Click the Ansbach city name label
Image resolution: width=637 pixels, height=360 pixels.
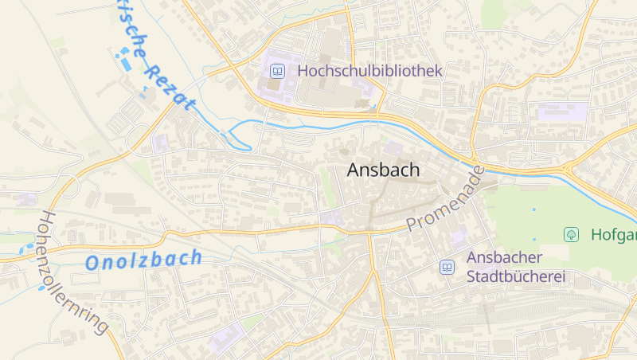pos(383,170)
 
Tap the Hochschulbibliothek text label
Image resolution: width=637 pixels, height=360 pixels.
pos(369,71)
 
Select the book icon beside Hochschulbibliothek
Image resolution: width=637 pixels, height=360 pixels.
pos(277,72)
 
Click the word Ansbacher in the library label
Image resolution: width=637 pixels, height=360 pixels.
pos(504,257)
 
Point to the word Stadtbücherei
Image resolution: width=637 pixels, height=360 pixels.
pos(515,276)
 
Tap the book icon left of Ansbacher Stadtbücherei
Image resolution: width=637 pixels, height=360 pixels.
pos(447,267)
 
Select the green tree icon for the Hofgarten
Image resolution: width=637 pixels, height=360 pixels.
pos(570,234)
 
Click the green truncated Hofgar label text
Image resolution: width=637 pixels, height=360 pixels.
pos(614,235)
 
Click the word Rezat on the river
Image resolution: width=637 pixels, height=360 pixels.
pos(170,88)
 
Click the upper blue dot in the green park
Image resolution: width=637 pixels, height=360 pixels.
pos(533,209)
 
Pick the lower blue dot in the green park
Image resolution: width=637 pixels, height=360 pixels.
pos(533,238)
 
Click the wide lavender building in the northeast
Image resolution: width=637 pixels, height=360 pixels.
pos(562,112)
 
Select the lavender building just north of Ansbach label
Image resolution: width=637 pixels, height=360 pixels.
pos(393,148)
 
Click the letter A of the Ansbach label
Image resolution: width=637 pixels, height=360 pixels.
pos(355,170)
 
